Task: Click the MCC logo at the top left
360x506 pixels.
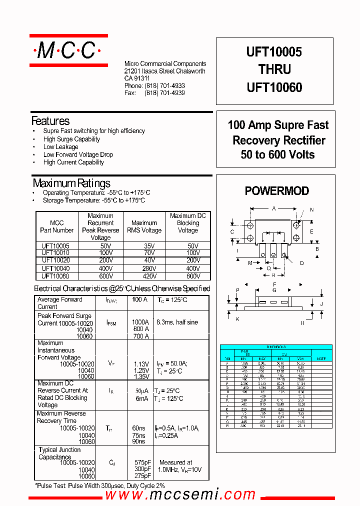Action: (68, 50)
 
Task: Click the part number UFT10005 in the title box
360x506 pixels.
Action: (274, 52)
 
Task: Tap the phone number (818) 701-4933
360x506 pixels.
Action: (164, 86)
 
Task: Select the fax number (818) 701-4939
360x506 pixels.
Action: (164, 93)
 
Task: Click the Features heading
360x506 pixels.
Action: (50, 121)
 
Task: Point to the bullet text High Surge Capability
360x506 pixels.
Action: (71, 139)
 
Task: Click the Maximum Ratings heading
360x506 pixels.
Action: (71, 183)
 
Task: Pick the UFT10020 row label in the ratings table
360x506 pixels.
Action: (56, 260)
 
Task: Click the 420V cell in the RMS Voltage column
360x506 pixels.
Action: (144, 275)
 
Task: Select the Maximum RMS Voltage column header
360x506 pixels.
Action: (144, 226)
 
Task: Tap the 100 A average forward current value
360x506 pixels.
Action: (139, 299)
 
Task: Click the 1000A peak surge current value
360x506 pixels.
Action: (140, 322)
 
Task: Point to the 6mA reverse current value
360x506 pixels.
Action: (141, 398)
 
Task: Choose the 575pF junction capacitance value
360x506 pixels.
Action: (142, 462)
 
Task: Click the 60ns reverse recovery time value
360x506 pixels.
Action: (138, 428)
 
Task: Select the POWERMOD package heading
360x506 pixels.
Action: (276, 191)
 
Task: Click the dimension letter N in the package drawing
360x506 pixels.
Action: (312, 210)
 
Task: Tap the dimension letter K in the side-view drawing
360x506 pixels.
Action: (237, 319)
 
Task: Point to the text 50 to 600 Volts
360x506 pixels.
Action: (277, 154)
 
